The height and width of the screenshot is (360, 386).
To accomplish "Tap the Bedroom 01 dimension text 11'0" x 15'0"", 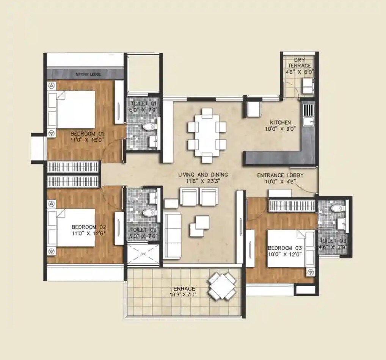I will (87, 140).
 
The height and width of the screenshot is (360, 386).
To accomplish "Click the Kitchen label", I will (280, 122).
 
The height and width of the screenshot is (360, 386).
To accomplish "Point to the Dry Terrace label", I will (302, 63).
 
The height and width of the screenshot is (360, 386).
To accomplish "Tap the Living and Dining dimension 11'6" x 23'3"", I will (203, 181).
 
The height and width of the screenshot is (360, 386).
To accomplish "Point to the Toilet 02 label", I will (143, 230).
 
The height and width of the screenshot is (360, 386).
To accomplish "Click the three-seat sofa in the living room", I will (173, 235).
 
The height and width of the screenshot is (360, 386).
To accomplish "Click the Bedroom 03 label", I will (285, 248).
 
